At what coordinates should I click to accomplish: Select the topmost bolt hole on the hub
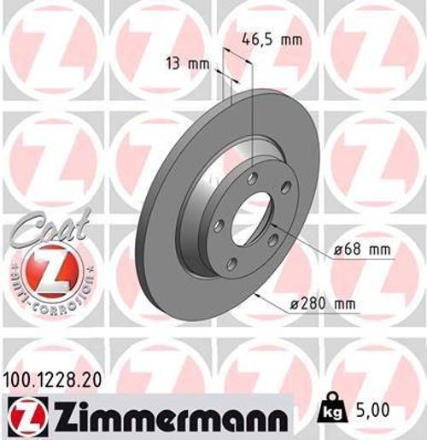click(253, 178)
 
